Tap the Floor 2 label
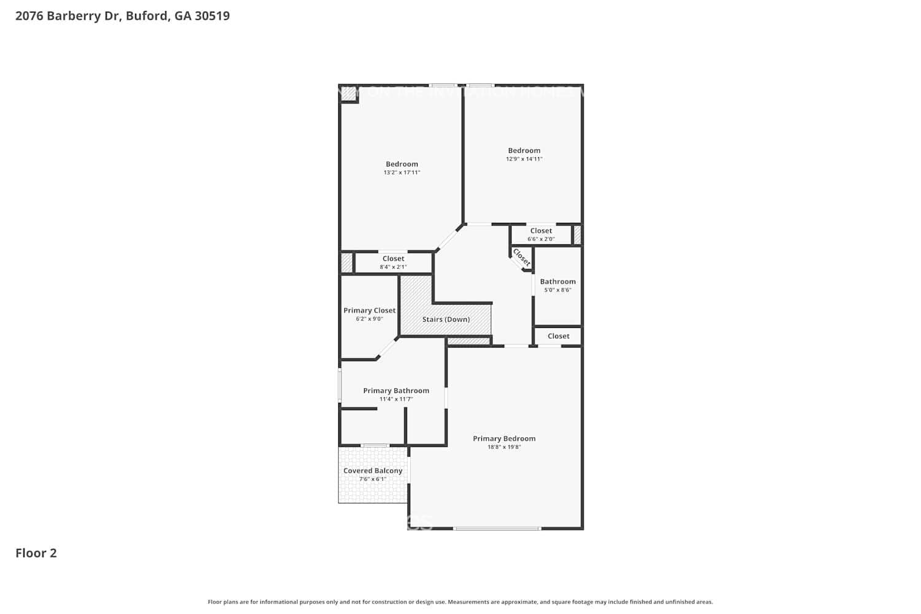pyautogui.click(x=36, y=553)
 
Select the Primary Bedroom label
pyautogui.click(x=504, y=438)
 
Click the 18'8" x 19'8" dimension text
pyautogui.click(x=504, y=447)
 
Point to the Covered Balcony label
pyautogui.click(x=373, y=470)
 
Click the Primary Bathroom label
pyautogui.click(x=396, y=391)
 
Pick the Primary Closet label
pyautogui.click(x=370, y=310)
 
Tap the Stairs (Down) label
pyautogui.click(x=446, y=319)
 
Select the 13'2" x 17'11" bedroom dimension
pyautogui.click(x=402, y=173)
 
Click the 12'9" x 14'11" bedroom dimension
pyautogui.click(x=524, y=159)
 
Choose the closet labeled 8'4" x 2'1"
pyautogui.click(x=393, y=262)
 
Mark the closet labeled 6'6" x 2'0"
pyautogui.click(x=541, y=235)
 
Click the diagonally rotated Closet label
pyautogui.click(x=521, y=257)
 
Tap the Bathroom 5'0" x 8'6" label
pyautogui.click(x=558, y=286)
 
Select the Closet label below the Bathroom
pyautogui.click(x=558, y=336)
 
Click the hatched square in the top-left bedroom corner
pyautogui.click(x=348, y=93)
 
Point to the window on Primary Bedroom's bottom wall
pyautogui.click(x=497, y=528)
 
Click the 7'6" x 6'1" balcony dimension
pyautogui.click(x=373, y=479)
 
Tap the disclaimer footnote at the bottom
pyautogui.click(x=460, y=602)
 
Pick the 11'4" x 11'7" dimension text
pyautogui.click(x=396, y=399)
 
